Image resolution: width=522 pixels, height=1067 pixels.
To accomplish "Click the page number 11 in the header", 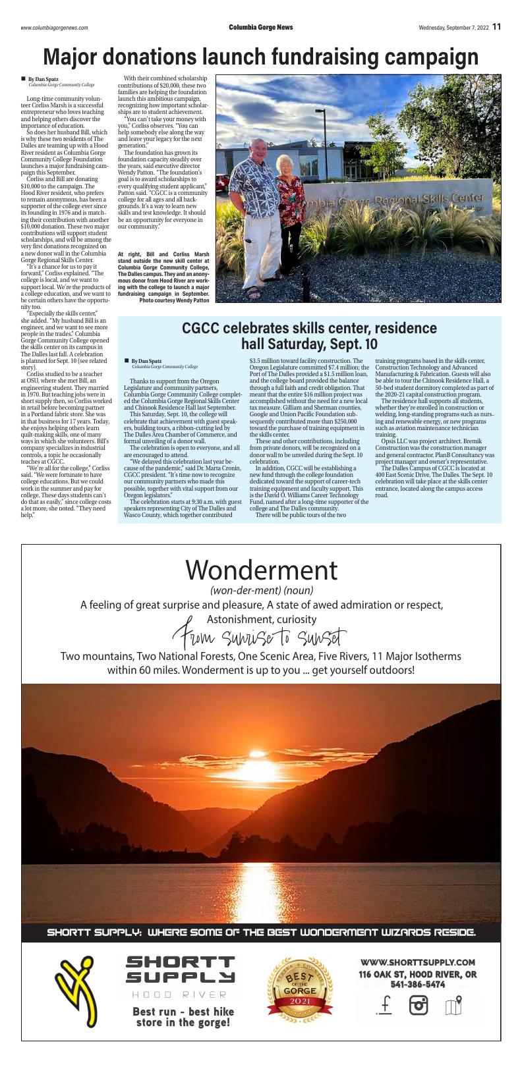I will pyautogui.click(x=496, y=27).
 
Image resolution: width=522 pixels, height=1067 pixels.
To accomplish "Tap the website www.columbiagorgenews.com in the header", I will pyautogui.click(x=54, y=28).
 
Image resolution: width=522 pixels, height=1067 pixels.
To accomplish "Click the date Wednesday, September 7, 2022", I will pyautogui.click(x=453, y=28).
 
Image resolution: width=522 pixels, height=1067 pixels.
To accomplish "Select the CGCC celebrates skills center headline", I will pyautogui.click(x=309, y=336).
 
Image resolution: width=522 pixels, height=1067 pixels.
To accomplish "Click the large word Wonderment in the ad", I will pyautogui.click(x=261, y=568).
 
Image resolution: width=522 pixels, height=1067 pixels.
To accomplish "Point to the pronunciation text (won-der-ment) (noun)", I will pyautogui.click(x=261, y=590).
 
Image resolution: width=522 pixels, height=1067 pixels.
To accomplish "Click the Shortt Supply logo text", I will pyautogui.click(x=180, y=970).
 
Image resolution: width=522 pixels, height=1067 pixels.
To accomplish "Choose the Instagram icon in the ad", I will pyautogui.click(x=419, y=1005).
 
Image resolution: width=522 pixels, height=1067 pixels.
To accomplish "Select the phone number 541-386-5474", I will pyautogui.click(x=417, y=985).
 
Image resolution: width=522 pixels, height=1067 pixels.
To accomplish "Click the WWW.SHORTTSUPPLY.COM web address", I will pyautogui.click(x=417, y=962).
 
